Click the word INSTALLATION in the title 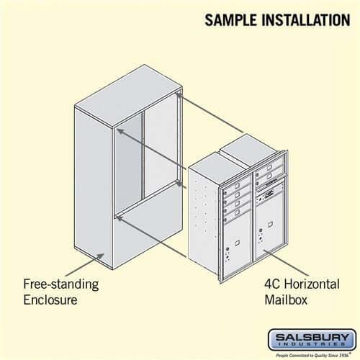(302, 19)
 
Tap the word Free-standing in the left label (61, 284)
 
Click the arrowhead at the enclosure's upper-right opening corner (177, 93)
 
